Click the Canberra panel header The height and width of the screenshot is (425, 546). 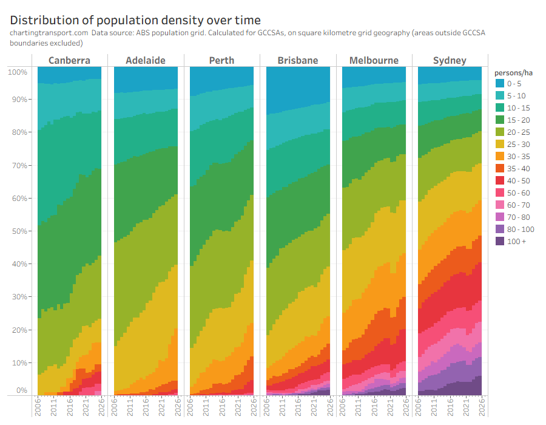[x=69, y=60]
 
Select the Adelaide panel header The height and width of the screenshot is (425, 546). [x=146, y=60]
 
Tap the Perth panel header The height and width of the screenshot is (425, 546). [x=221, y=60]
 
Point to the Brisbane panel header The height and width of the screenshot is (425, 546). [x=298, y=60]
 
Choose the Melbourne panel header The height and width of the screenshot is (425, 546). [x=374, y=60]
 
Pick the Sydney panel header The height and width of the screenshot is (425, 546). [x=450, y=60]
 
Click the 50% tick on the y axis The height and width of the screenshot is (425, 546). [x=18, y=231]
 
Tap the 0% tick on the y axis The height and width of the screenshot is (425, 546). [x=21, y=390]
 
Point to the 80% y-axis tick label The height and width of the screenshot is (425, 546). [x=18, y=132]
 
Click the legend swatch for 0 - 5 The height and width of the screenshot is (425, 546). [x=499, y=84]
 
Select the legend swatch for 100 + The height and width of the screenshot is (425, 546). [x=499, y=242]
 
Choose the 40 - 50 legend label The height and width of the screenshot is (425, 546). [x=519, y=181]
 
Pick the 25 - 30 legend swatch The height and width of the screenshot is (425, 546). [x=499, y=144]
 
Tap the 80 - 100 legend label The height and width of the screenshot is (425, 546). [x=521, y=229]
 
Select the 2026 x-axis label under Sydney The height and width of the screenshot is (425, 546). [x=482, y=407]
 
